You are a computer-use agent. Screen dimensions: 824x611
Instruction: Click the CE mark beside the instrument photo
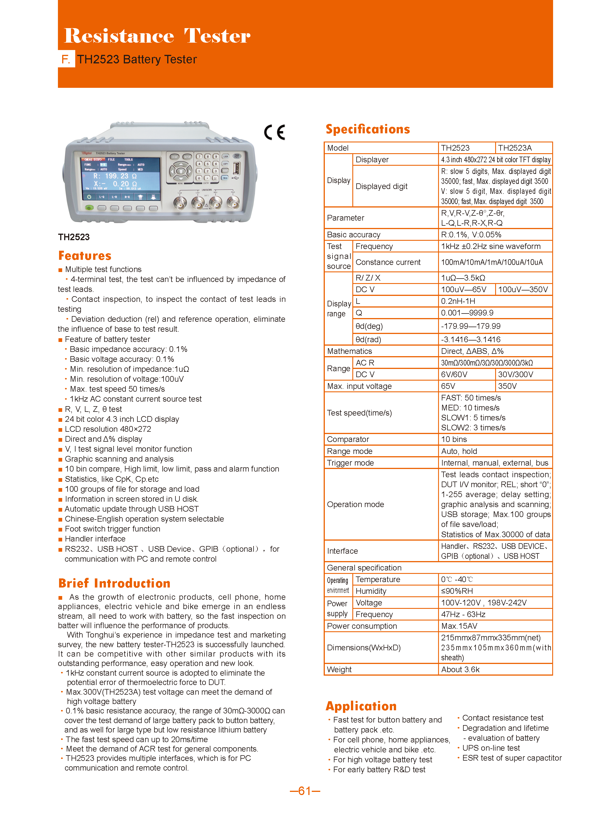(275, 132)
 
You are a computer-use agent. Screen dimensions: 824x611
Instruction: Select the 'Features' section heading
(85, 256)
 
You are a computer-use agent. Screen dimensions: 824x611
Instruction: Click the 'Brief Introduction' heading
(114, 583)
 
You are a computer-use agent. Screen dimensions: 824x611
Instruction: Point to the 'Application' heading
(361, 706)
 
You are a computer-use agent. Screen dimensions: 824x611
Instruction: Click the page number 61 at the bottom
(305, 791)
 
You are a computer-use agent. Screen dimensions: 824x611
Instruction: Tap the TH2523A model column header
(514, 148)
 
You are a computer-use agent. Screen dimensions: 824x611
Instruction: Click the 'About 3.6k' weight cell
(460, 669)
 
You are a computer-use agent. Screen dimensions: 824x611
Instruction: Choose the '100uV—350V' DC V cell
(523, 289)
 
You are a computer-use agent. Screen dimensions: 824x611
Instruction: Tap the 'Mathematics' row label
(350, 351)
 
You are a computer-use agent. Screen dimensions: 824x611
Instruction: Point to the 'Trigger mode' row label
(350, 463)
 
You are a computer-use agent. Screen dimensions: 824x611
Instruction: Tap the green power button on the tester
(89, 208)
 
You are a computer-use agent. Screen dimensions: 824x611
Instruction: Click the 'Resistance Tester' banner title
(157, 36)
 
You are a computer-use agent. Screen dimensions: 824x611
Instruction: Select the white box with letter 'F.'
(66, 59)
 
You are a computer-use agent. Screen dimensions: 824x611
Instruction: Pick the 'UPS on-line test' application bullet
(491, 748)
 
